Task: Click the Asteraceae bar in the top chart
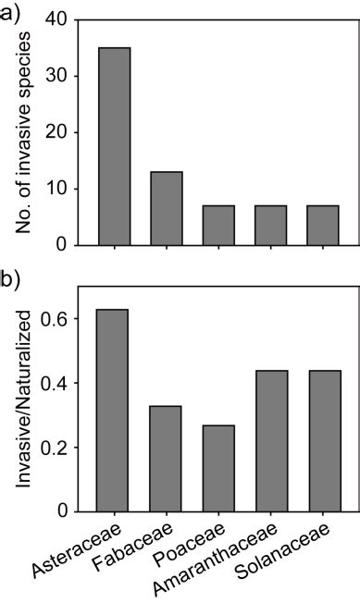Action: click(114, 146)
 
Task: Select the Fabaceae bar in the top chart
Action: click(166, 208)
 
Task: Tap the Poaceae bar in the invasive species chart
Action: click(218, 225)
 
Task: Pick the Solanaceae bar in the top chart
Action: click(323, 225)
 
